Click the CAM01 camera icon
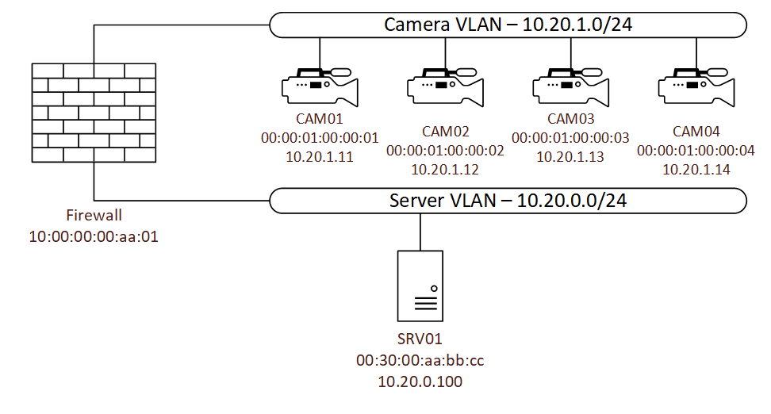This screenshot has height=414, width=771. click(x=320, y=87)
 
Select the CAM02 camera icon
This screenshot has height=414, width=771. click(x=445, y=87)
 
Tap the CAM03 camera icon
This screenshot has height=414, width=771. click(x=571, y=87)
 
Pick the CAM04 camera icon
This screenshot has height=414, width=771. click(x=696, y=87)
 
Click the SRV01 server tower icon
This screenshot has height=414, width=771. click(x=420, y=286)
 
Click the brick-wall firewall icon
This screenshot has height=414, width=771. click(x=94, y=113)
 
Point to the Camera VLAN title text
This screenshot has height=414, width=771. click(x=508, y=25)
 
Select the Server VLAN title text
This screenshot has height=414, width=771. click(x=508, y=201)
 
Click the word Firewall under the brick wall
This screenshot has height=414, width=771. click(x=94, y=215)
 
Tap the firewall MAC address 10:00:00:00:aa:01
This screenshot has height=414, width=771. click(x=94, y=236)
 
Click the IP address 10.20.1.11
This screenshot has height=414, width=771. click(x=320, y=157)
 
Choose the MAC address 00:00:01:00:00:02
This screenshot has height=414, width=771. click(x=445, y=151)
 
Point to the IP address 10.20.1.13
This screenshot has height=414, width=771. click(x=570, y=157)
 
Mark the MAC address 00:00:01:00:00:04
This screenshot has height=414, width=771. click(x=696, y=151)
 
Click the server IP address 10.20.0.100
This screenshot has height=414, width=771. click(x=420, y=381)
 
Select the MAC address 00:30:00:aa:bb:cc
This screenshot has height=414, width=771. click(x=420, y=360)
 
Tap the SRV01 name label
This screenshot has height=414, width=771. click(x=420, y=339)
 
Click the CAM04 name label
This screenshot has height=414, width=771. click(x=696, y=132)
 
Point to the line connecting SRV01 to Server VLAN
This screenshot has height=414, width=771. click(x=420, y=232)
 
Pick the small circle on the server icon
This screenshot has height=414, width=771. click(x=434, y=289)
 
